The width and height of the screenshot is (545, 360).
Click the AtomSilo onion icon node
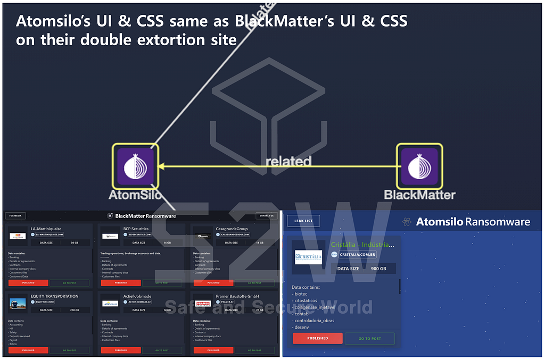point(135,166)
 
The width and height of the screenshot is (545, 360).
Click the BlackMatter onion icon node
point(419,166)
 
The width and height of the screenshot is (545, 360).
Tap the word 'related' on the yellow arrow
point(288,160)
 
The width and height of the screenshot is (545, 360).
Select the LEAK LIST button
point(303,221)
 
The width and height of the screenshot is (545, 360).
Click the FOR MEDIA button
point(15,216)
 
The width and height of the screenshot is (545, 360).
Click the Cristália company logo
point(309,257)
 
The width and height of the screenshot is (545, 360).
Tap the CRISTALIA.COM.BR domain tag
point(358,255)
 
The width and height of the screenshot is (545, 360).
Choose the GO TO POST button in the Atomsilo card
point(369,338)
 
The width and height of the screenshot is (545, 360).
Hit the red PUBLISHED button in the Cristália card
point(317,338)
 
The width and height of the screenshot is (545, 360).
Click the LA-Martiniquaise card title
point(46,229)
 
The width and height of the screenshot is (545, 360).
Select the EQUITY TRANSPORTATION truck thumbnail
point(18,303)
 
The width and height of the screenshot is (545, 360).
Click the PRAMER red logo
point(203,303)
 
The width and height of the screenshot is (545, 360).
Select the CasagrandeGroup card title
point(232,229)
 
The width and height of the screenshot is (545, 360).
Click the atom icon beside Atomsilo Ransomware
point(407,222)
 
